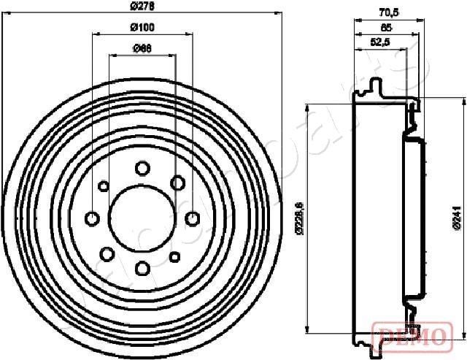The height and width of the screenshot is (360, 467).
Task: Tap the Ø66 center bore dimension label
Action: (x=142, y=49)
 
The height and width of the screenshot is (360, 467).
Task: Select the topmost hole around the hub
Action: (x=142, y=168)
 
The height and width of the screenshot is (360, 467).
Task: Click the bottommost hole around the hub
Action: (x=142, y=267)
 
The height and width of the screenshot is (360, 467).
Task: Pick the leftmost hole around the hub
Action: (x=93, y=218)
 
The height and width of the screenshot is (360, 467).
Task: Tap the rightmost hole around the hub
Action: (x=192, y=218)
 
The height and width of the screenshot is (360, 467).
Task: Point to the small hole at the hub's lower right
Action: (x=175, y=256)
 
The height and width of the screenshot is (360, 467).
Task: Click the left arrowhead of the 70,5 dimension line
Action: (x=357, y=18)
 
